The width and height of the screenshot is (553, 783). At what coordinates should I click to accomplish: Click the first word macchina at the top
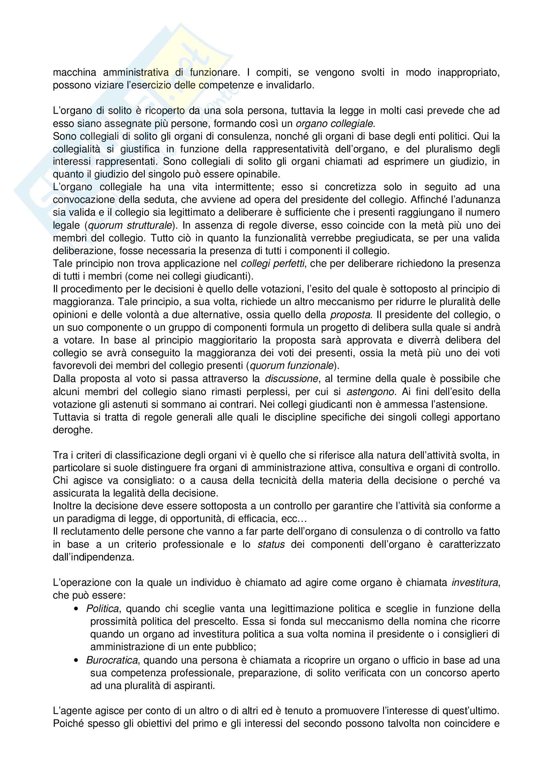pos(73,73)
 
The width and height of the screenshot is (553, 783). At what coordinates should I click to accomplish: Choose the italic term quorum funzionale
pos(292,366)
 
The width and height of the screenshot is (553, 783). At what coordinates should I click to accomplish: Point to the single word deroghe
pos(73,430)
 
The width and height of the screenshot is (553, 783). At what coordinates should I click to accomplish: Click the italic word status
pos(271,544)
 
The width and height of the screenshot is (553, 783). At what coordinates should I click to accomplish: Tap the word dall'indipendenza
pos(93,557)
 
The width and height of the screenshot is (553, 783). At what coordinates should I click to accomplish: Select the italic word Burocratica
pos(112,660)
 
